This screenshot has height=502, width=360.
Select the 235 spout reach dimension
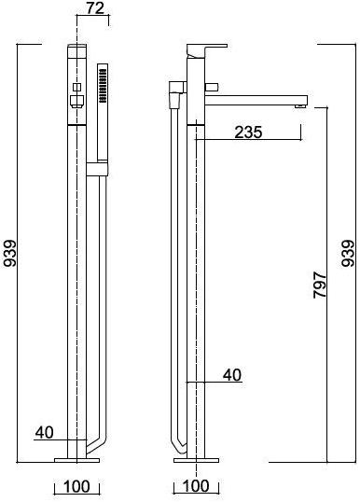point(247,132)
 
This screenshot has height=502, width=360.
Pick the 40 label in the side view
point(232,375)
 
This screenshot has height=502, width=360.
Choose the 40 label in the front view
point(44,432)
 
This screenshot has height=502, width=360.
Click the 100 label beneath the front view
point(77,487)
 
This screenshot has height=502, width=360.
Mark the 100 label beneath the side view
point(196,487)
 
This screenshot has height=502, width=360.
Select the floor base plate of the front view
point(77,459)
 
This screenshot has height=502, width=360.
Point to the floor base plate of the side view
point(196,459)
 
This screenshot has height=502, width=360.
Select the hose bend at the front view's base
point(90,440)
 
